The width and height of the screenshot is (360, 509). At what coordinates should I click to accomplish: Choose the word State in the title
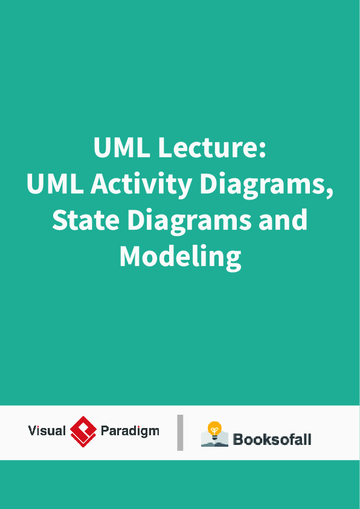click(x=85, y=220)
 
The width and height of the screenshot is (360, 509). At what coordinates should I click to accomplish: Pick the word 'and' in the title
click(x=283, y=220)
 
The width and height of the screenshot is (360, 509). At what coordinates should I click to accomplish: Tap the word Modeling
click(x=180, y=256)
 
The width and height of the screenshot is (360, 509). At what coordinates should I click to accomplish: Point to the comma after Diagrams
click(x=330, y=192)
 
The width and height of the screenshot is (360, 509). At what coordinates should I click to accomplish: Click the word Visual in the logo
click(x=47, y=431)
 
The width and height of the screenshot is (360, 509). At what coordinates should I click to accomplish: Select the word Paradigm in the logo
click(x=130, y=431)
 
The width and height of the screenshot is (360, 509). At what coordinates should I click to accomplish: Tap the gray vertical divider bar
click(x=180, y=432)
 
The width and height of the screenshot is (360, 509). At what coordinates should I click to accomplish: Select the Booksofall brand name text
click(x=272, y=439)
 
